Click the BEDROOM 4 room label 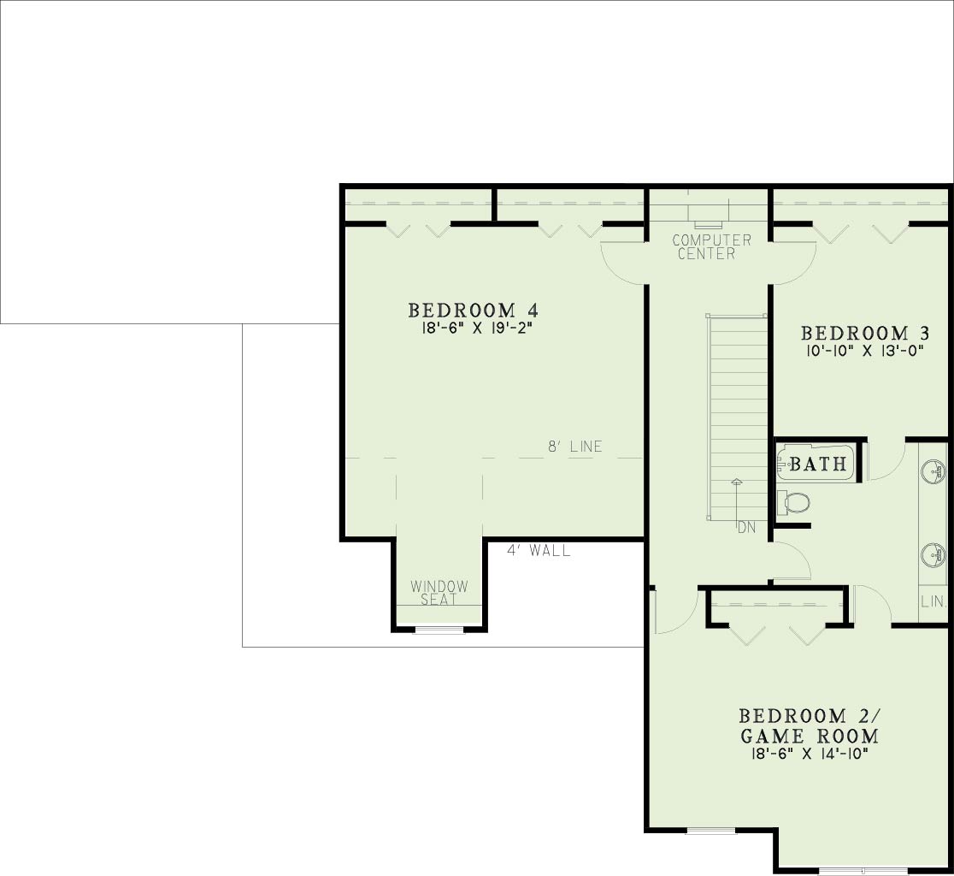tap(473, 311)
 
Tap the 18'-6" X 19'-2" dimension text tap(473, 328)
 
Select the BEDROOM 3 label tap(864, 334)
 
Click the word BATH tap(818, 465)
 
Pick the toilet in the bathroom tap(794, 503)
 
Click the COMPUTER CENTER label tap(710, 247)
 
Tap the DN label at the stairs tap(746, 528)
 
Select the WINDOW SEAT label tap(439, 593)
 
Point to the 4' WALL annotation tap(539, 551)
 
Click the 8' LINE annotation tap(575, 447)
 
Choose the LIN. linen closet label tap(933, 602)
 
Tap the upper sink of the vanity tap(933, 471)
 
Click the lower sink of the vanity tap(933, 554)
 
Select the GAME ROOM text tap(810, 736)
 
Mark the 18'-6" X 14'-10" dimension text tap(810, 754)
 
